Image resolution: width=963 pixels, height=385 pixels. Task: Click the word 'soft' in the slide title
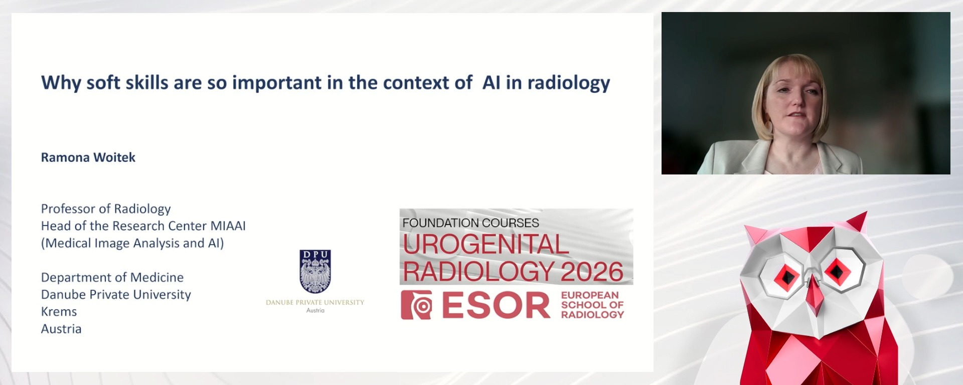tap(103, 83)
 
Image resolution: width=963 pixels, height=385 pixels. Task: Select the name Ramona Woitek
tap(88, 157)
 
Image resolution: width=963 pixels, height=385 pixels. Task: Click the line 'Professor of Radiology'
tap(106, 209)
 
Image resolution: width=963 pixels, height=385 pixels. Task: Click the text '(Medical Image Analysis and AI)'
tap(132, 243)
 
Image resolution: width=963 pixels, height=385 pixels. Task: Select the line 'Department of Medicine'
tap(112, 277)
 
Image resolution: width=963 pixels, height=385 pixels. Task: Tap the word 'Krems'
tap(59, 312)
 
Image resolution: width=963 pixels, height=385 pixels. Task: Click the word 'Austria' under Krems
tap(61, 329)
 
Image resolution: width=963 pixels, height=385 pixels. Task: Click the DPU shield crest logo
tap(315, 271)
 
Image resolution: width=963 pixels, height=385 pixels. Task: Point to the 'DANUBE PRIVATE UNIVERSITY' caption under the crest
tap(315, 302)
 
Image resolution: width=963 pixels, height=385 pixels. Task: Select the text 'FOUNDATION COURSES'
tap(470, 223)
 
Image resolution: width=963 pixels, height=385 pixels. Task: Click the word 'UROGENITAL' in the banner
tap(486, 245)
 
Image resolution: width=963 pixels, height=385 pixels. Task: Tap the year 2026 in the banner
tap(592, 272)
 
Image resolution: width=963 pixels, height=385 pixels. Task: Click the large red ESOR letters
tap(496, 305)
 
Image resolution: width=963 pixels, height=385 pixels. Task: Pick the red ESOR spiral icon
tap(416, 305)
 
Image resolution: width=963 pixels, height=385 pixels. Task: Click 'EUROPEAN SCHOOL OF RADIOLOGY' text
tap(592, 305)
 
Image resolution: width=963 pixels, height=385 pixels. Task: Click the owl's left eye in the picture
tap(786, 276)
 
